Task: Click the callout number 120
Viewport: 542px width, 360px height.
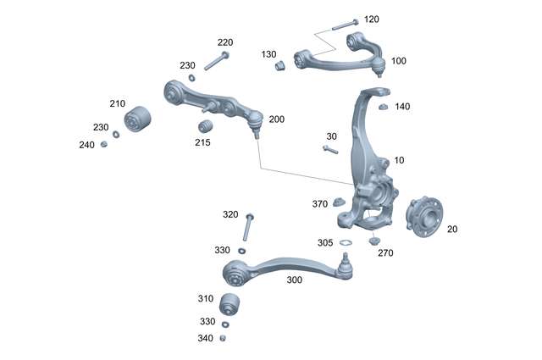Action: pos(372,19)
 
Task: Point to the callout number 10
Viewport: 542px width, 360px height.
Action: pos(400,160)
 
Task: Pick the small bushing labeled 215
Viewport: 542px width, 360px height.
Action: pos(203,127)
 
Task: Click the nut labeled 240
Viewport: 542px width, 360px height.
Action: pos(104,144)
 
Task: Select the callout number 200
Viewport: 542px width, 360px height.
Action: pos(277,119)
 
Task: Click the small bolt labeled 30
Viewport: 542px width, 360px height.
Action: pos(330,150)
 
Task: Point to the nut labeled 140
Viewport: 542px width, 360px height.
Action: pos(382,106)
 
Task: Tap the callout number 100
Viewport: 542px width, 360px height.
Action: pos(399,61)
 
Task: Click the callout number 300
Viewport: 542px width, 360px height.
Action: pos(294,280)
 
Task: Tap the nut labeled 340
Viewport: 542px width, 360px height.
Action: pos(224,338)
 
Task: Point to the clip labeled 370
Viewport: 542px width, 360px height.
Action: pos(338,202)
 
